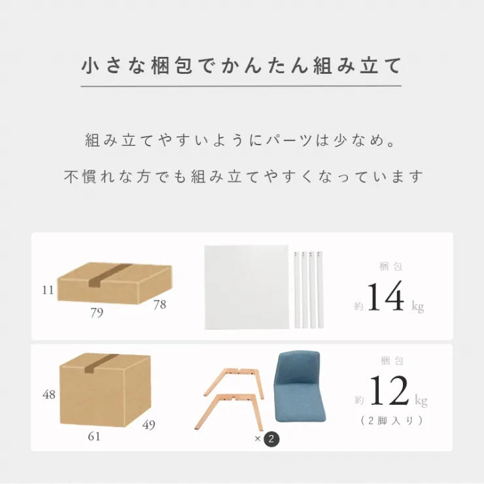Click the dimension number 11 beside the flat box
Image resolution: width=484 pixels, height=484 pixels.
(48, 290)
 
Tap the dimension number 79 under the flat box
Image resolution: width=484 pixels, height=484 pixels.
(97, 313)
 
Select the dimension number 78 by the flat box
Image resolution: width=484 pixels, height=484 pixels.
(160, 305)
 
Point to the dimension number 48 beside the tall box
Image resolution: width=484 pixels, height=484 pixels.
(49, 394)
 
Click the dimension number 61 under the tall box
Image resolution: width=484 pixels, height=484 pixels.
(94, 436)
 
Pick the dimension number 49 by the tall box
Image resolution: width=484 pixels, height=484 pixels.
(148, 424)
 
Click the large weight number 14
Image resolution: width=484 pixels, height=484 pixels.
(385, 296)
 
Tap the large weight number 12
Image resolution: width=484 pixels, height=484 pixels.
(390, 390)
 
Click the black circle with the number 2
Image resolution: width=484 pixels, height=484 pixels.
(271, 439)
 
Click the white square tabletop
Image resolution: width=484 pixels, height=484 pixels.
(247, 287)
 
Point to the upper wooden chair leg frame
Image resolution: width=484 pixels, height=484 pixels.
(234, 382)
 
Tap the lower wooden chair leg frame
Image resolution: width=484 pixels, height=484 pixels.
(229, 411)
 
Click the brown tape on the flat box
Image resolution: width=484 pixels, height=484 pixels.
(109, 275)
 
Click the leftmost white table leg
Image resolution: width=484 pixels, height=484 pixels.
(297, 290)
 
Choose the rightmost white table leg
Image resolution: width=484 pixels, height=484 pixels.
(320, 290)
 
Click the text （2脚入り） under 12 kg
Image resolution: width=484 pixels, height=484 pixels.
(392, 421)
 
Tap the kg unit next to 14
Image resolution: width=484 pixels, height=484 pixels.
(418, 307)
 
